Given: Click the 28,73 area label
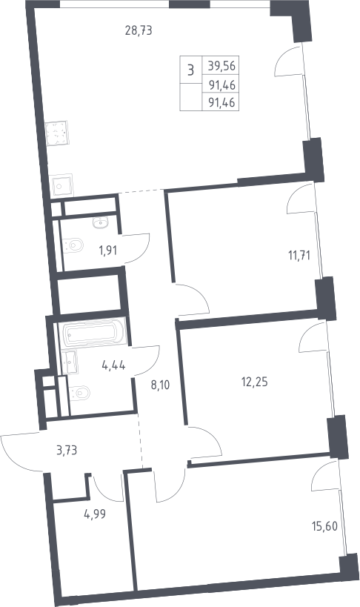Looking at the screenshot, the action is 139,30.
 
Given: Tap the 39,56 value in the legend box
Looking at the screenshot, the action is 221,65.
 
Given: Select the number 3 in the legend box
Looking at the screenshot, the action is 190,70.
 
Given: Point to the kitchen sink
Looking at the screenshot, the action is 62,186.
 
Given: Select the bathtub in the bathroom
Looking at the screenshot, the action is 92,332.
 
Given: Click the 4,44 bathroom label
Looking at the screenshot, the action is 113,365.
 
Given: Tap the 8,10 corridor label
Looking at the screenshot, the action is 160,385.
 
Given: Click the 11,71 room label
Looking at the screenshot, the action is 299,256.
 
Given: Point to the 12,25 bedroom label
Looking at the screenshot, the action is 254,382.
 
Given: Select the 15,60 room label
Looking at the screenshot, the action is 324,526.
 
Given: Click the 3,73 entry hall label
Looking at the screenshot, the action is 67,450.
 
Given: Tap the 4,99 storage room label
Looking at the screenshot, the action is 95,514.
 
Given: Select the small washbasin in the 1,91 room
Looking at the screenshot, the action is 101,222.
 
